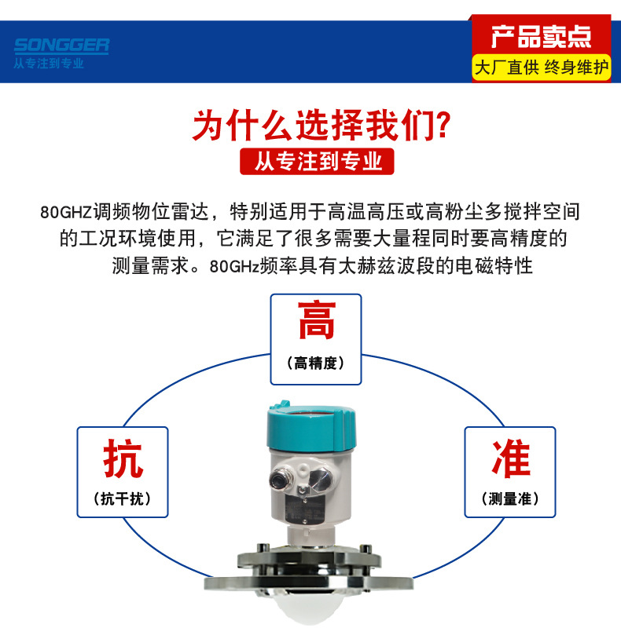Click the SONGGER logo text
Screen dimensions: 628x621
[x=61, y=46]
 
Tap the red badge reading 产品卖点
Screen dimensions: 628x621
[x=540, y=36]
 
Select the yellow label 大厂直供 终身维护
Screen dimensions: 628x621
[x=541, y=68]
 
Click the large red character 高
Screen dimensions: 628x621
[x=315, y=323]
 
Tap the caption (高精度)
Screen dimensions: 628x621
[x=315, y=363]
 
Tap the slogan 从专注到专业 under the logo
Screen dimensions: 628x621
[x=49, y=63]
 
